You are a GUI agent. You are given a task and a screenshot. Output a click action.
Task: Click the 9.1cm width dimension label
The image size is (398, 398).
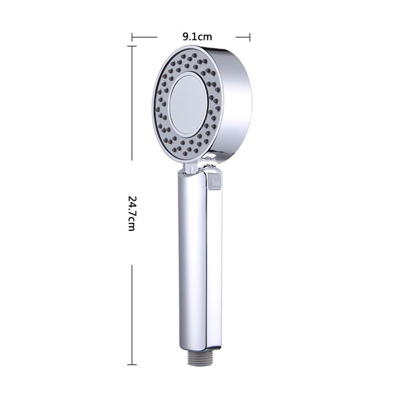(197, 37)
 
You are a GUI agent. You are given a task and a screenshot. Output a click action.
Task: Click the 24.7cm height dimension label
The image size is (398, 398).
(131, 213)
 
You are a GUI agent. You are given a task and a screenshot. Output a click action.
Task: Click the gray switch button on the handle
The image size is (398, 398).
(214, 180)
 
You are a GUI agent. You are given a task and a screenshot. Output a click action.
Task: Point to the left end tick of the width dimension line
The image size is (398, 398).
(132, 37)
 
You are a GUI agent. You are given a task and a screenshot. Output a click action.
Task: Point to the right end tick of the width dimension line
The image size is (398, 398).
(250, 37)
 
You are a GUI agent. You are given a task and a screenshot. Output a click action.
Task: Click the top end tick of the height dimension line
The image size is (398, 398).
(132, 46)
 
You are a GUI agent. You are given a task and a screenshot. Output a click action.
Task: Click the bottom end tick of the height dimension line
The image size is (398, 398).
(132, 365)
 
